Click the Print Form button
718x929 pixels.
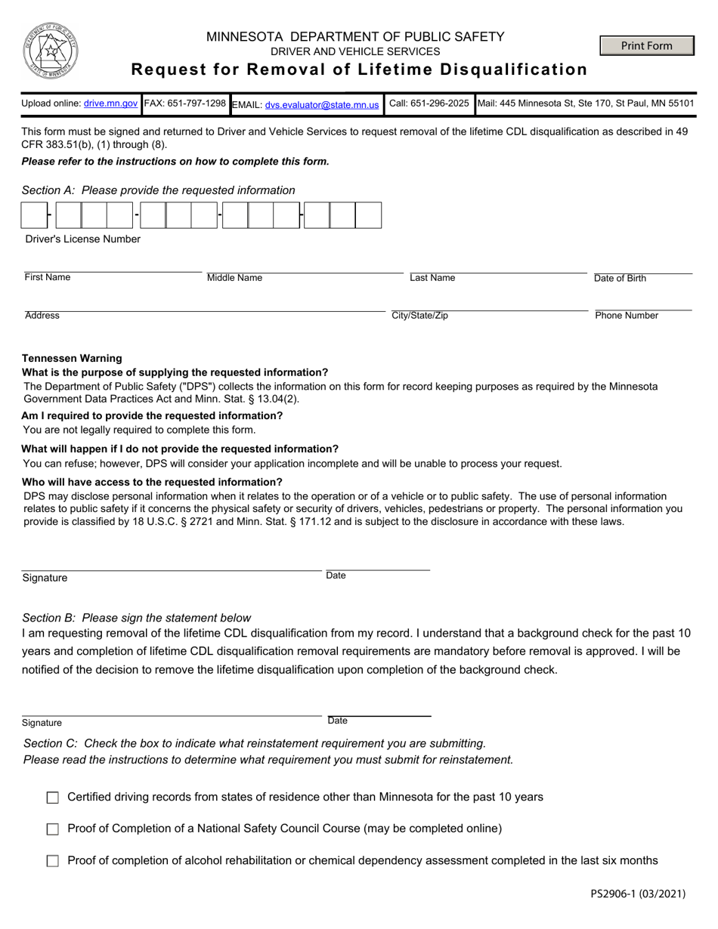point(646,46)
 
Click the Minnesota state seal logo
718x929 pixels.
point(50,51)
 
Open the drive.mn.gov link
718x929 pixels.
point(110,103)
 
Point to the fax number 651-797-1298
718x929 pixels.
point(200,103)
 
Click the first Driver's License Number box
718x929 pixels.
point(34,215)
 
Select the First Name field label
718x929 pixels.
point(47,277)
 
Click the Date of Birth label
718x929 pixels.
point(620,278)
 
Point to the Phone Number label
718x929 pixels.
point(627,316)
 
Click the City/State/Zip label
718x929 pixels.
point(419,316)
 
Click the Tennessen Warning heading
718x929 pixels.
point(72,358)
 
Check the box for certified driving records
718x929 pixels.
point(53,798)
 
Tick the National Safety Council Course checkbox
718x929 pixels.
point(53,829)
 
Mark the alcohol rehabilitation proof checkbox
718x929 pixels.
point(53,861)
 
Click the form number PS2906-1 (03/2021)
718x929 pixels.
point(638,894)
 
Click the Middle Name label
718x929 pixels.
point(234,278)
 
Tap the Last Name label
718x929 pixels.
point(432,278)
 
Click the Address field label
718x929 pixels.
point(42,316)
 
